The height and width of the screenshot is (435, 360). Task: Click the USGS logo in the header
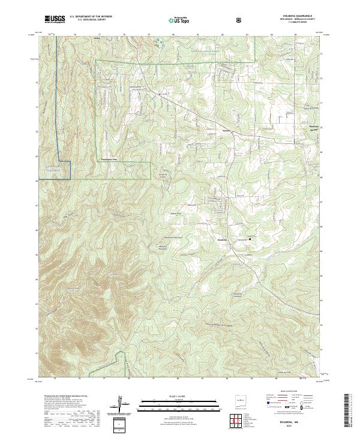pos(55,19)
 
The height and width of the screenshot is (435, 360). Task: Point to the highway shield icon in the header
pos(239,19)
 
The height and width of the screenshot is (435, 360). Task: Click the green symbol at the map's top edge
pos(160,42)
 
